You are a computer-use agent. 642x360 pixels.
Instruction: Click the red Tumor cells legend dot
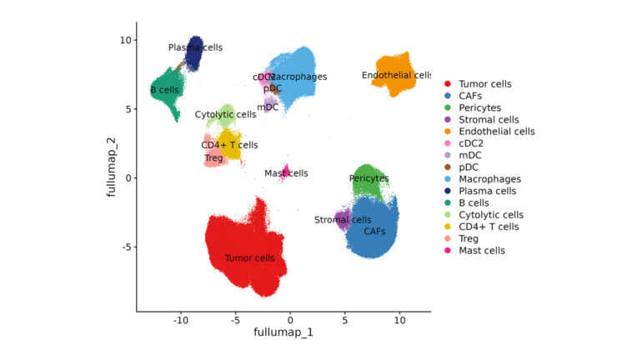[x=448, y=84]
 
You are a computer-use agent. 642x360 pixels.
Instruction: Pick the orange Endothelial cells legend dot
[x=448, y=132]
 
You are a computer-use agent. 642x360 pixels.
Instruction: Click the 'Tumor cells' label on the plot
[x=249, y=258]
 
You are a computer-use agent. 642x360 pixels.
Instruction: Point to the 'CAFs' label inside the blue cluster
[x=374, y=232]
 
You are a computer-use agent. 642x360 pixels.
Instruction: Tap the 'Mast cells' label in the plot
[x=286, y=173]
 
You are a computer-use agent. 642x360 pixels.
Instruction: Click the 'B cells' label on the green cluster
[x=164, y=90]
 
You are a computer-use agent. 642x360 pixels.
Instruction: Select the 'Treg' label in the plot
[x=213, y=158]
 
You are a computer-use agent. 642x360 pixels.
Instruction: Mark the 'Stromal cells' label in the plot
[x=342, y=220]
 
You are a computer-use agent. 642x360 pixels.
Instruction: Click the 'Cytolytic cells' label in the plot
[x=225, y=114]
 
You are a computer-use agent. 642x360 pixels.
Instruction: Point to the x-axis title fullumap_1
[x=283, y=332]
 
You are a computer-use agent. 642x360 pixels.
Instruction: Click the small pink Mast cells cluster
[x=285, y=171]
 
